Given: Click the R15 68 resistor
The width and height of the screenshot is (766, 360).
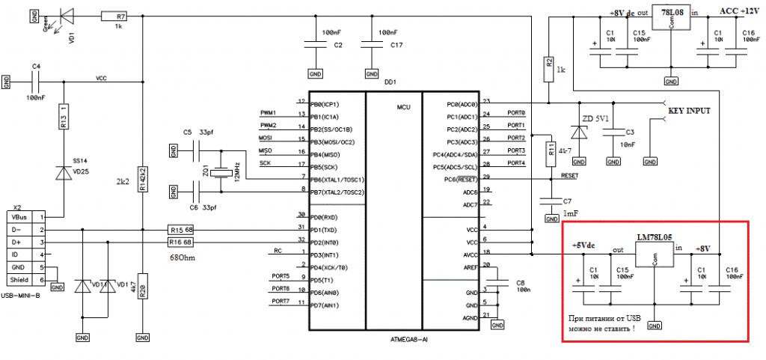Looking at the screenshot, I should tap(180, 229).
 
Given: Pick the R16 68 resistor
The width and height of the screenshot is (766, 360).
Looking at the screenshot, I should tap(180, 242).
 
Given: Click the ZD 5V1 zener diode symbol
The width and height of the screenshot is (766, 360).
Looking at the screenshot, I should tap(577, 132).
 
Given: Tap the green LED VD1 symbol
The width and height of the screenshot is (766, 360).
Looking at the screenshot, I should tap(65, 14).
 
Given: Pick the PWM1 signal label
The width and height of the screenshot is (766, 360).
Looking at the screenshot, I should tap(268, 112).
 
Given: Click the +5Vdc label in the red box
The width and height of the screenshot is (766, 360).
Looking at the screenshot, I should tap(585, 245).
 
